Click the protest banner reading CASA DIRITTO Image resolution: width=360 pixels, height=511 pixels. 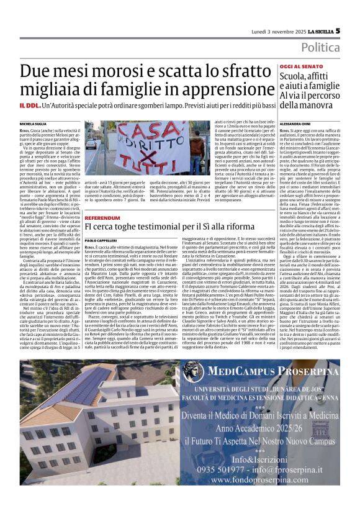click(136, 147)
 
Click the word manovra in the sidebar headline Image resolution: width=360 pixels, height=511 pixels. click(299, 107)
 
